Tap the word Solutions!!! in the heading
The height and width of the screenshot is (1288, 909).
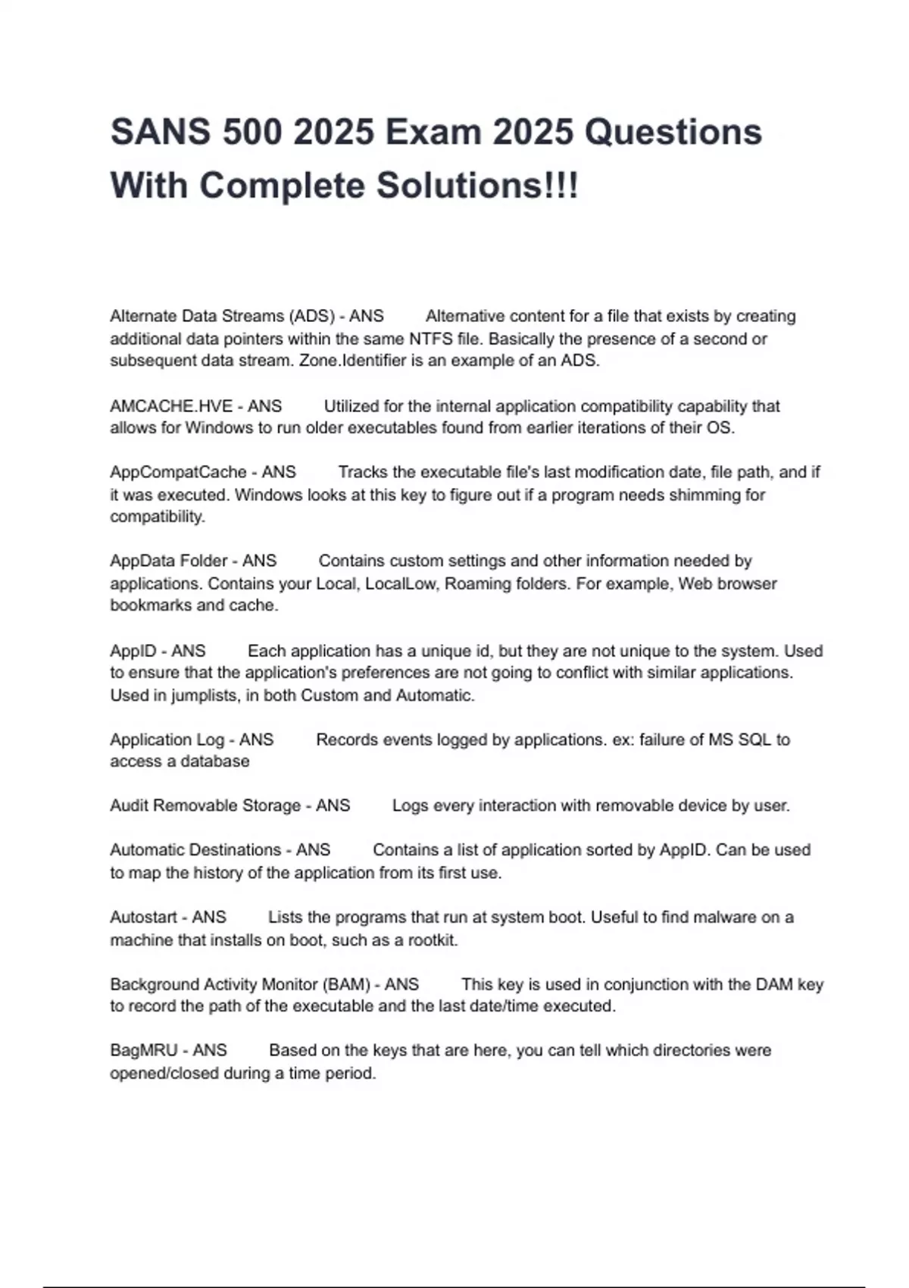click(x=477, y=186)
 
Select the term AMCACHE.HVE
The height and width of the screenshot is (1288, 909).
click(x=171, y=407)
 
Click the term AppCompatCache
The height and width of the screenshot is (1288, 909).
click(x=178, y=473)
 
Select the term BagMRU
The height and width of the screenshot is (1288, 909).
click(x=142, y=1051)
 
